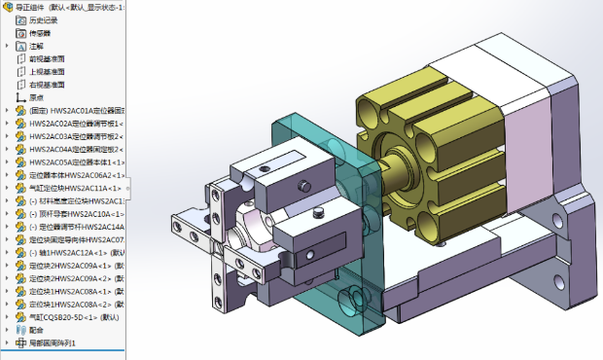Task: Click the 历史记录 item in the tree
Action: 43,19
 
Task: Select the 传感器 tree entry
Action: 39,32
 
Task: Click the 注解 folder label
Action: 36,46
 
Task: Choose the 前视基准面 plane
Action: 47,58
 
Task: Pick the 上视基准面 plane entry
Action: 47,71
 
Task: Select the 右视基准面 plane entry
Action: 47,84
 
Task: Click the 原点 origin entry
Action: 36,97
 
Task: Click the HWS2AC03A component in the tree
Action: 74,136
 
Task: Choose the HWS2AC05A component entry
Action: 74,162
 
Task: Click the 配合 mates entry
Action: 36,330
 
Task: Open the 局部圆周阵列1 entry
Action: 53,342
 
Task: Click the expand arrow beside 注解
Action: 8,46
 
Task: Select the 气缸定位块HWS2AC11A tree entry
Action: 74,188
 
